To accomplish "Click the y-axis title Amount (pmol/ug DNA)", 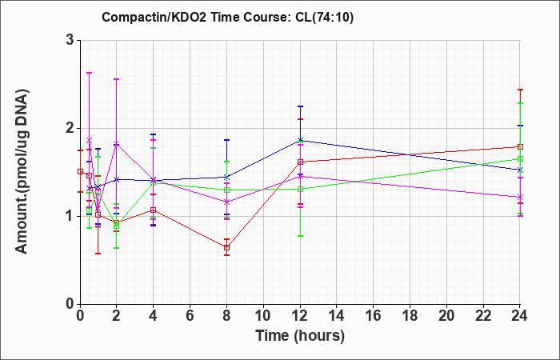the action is point(22,171).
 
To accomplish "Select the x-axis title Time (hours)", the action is point(300,336).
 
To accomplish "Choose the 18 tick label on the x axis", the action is point(410,316).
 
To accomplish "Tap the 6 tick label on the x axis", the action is point(190,316).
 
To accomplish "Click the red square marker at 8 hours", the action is point(226,247).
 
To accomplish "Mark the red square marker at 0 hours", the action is point(80,172).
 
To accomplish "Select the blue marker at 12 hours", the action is point(300,140).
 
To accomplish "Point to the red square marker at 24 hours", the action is point(520,146).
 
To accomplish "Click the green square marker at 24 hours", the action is point(520,159).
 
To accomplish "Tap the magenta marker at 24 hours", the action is point(520,197).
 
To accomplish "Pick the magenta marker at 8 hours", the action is point(226,202).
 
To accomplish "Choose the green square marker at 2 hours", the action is point(117,226).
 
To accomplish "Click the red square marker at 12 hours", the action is point(300,162).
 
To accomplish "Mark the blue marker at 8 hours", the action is point(226,177).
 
